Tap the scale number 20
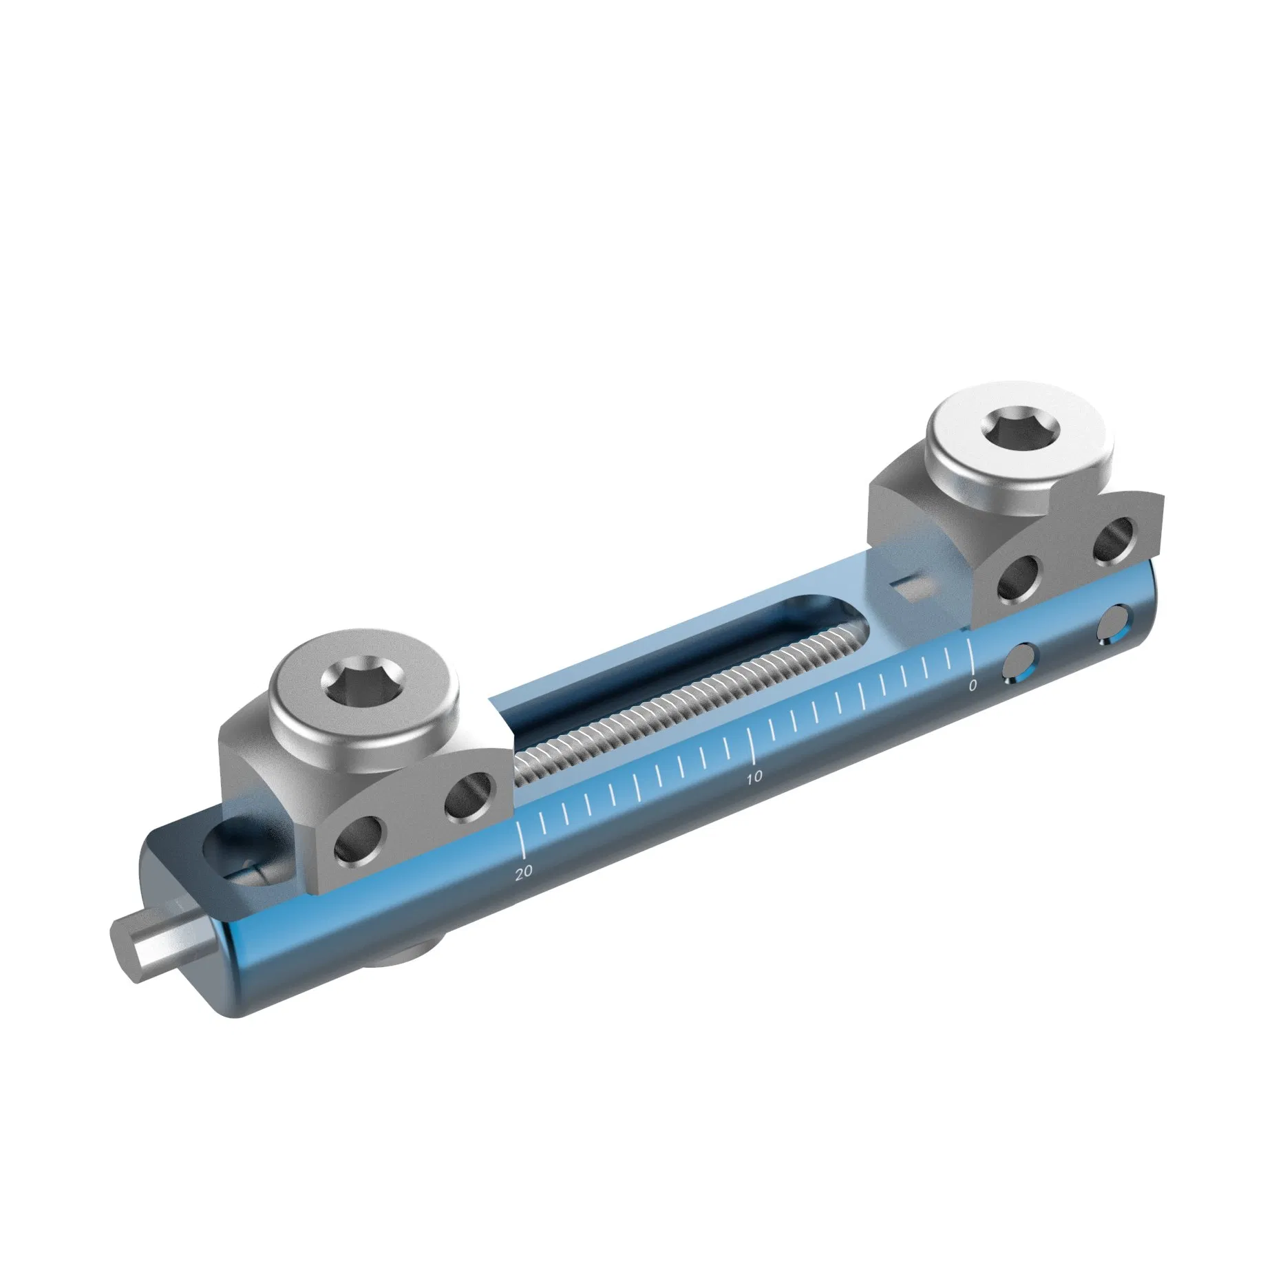pyautogui.click(x=524, y=871)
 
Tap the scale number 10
pyautogui.click(x=754, y=776)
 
